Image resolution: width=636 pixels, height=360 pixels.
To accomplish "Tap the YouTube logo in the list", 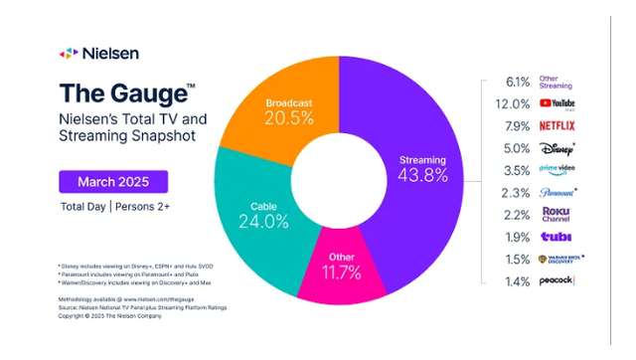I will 556,102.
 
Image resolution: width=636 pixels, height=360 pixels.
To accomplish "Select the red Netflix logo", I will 556,126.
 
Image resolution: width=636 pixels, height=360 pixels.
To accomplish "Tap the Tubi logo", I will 553,235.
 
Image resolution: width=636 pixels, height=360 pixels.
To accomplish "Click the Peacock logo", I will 556,281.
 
